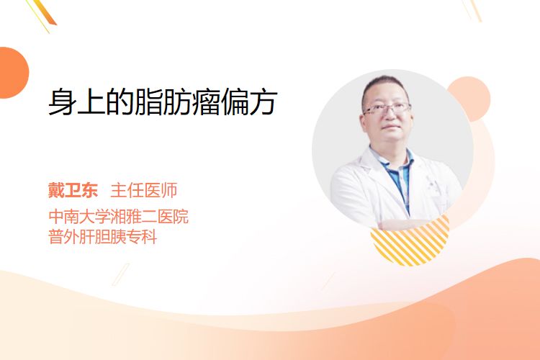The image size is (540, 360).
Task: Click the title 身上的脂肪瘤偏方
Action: pyautogui.click(x=163, y=102)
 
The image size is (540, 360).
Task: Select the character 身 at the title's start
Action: pyautogui.click(x=62, y=102)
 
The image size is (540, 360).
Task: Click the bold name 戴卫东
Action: pyautogui.click(x=73, y=190)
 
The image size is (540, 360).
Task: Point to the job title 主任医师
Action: pyautogui.click(x=144, y=190)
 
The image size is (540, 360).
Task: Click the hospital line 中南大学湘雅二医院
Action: pyautogui.click(x=119, y=216)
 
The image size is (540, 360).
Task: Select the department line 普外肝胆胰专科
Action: pyautogui.click(x=103, y=236)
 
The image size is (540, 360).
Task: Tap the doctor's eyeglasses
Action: pyautogui.click(x=387, y=109)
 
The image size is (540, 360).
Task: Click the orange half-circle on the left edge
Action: pyautogui.click(x=13, y=73)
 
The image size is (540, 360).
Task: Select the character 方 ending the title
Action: pyautogui.click(x=264, y=102)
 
